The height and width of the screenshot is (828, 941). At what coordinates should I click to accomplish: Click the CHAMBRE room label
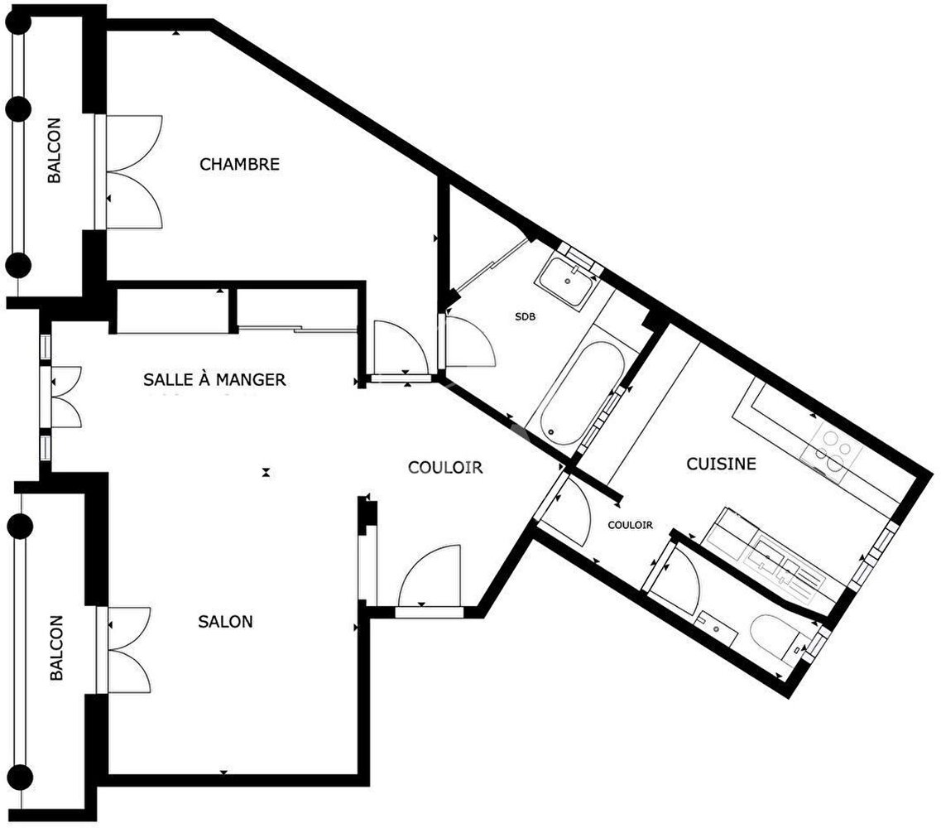(239, 164)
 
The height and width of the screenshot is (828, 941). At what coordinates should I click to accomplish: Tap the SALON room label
(225, 622)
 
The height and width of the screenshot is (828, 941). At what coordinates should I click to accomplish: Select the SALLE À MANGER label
(214, 379)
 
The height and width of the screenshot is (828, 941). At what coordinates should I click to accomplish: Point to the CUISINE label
(721, 464)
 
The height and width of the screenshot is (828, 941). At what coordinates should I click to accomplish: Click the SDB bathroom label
(525, 316)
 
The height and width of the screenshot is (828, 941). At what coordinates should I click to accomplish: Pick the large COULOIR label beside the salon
(444, 467)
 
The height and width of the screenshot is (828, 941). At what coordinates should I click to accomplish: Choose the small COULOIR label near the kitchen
(630, 525)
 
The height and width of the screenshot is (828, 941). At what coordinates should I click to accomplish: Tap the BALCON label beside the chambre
(54, 150)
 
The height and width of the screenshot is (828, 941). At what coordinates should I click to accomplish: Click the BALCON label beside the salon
(55, 647)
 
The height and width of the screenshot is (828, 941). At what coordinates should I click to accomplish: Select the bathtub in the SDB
(582, 393)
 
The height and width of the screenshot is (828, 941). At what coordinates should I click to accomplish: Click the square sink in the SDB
(565, 282)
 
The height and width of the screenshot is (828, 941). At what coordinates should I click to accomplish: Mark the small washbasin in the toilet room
(718, 628)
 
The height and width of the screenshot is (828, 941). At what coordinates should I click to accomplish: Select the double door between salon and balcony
(125, 650)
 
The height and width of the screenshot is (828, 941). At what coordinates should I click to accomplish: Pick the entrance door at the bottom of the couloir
(430, 580)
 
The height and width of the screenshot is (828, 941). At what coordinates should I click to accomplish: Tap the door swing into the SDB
(471, 342)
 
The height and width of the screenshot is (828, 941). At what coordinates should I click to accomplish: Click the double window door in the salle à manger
(62, 397)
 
